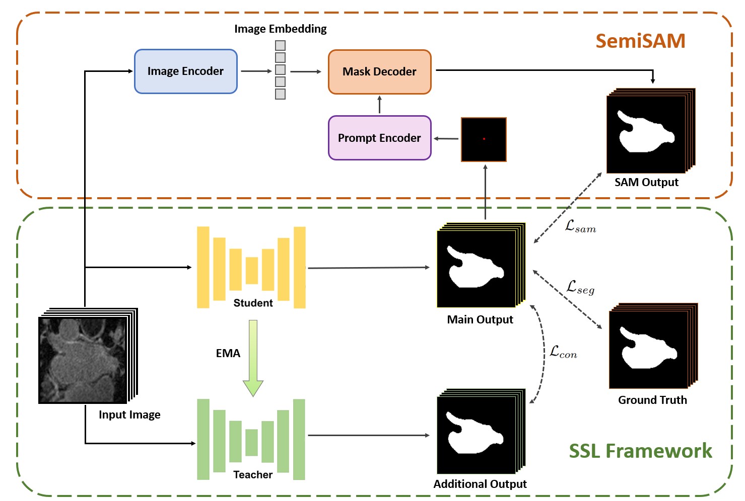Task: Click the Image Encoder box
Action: tap(185, 71)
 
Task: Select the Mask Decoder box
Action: tap(379, 72)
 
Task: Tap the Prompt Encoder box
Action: tap(379, 138)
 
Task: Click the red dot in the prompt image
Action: tap(484, 139)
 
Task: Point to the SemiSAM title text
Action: tap(640, 41)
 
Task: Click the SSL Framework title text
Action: tap(640, 451)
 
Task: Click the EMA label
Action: tap(228, 353)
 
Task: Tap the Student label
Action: tap(253, 303)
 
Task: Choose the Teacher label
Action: tap(253, 474)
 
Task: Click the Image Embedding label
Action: tap(281, 29)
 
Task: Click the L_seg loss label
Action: tap(580, 287)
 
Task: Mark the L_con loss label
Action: tap(563, 352)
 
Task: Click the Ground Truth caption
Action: tap(652, 400)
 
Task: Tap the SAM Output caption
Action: tap(646, 182)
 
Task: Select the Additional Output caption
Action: tap(480, 484)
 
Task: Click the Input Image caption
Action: tap(129, 414)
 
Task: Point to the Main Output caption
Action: tap(480, 319)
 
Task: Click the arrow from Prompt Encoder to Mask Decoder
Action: tap(379, 105)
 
